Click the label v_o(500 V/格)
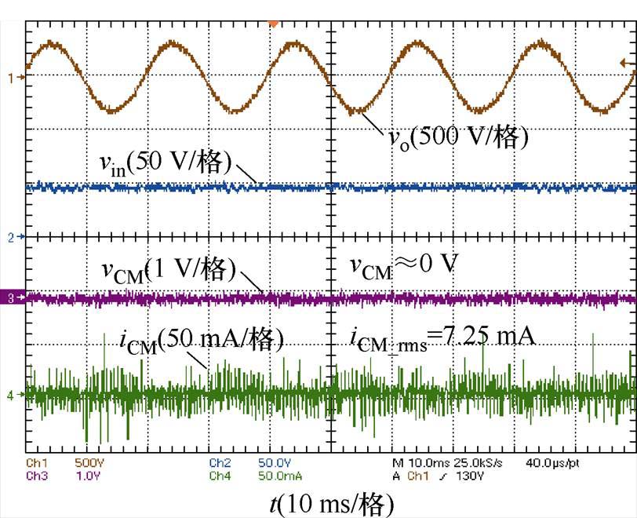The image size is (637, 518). pyautogui.click(x=459, y=137)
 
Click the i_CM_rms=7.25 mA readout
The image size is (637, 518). pyautogui.click(x=442, y=338)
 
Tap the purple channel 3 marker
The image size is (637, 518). pyautogui.click(x=12, y=298)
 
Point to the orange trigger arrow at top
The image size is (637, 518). pyautogui.click(x=273, y=24)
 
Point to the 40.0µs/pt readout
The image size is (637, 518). pyautogui.click(x=553, y=463)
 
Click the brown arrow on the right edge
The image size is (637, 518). pyautogui.click(x=627, y=63)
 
